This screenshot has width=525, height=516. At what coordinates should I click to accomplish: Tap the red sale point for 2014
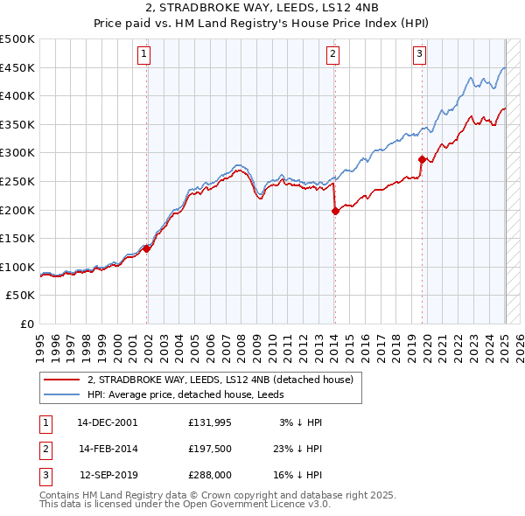[x=334, y=211]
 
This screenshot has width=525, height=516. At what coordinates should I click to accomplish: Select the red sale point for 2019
[x=422, y=159]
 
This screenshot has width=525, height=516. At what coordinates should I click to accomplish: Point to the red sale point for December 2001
[x=147, y=248]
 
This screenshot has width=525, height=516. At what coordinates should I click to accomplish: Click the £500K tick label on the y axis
[x=17, y=39]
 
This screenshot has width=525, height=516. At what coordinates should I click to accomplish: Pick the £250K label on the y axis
[x=17, y=181]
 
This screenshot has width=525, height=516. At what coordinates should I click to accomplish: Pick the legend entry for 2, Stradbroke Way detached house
[x=220, y=380]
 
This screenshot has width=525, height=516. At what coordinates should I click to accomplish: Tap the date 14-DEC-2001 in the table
[x=107, y=422]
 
